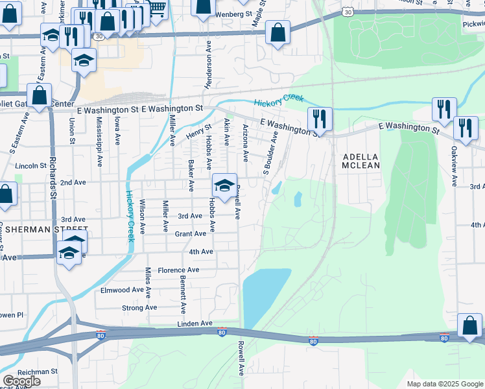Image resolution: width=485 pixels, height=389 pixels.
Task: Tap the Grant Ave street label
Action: [191, 233]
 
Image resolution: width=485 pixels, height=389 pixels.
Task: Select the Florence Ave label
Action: [178, 270]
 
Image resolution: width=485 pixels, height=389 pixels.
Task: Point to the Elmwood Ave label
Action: [122, 290]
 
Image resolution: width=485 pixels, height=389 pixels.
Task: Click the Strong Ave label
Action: [139, 307]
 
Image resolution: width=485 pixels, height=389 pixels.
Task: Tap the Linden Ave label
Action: [195, 323]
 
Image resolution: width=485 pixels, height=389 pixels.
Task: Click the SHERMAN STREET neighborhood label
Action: [43, 230]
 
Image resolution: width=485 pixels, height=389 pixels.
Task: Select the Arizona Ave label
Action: [245, 143]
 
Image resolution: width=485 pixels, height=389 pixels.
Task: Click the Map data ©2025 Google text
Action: [445, 384]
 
